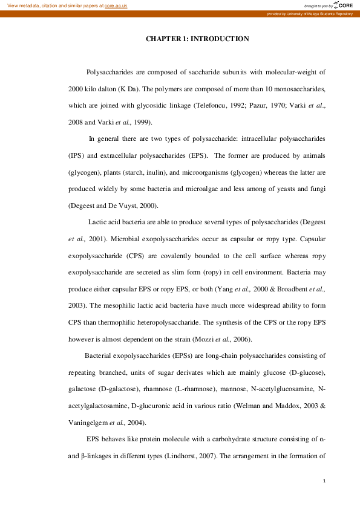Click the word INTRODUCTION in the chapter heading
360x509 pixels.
click(220, 39)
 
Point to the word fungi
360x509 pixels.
click(317, 189)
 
